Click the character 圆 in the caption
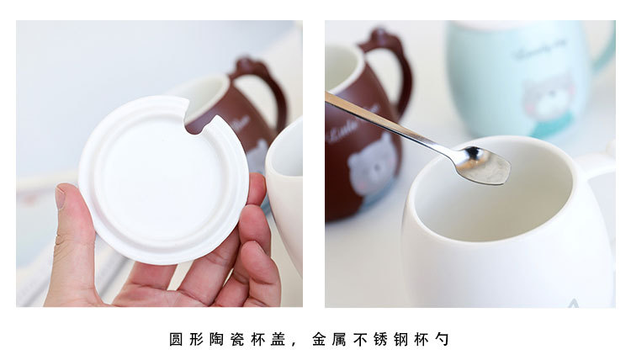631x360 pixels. click(176, 340)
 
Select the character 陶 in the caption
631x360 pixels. click(216, 340)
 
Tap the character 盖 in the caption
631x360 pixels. click(277, 340)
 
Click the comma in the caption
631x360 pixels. click(295, 344)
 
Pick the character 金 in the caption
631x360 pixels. click(319, 340)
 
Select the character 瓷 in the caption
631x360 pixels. click(236, 340)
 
